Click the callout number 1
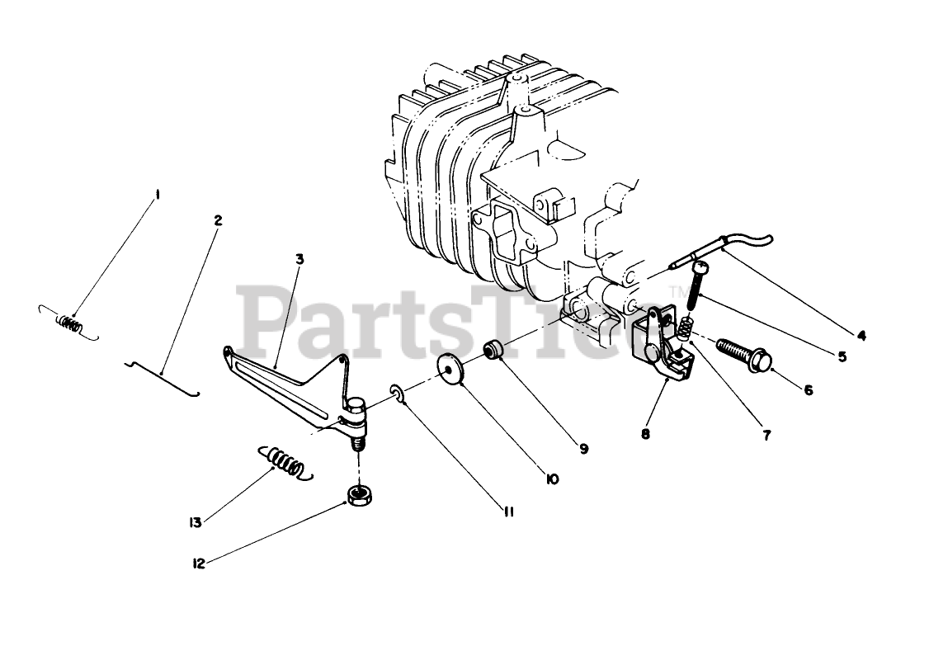pyautogui.click(x=158, y=196)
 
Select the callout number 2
pyautogui.click(x=218, y=221)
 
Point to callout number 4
pyautogui.click(x=861, y=336)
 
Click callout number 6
pyautogui.click(x=808, y=390)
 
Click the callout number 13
pyautogui.click(x=196, y=521)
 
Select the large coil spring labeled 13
pyautogui.click(x=285, y=463)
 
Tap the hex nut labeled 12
pyautogui.click(x=357, y=495)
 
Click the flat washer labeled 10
pyautogui.click(x=451, y=367)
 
